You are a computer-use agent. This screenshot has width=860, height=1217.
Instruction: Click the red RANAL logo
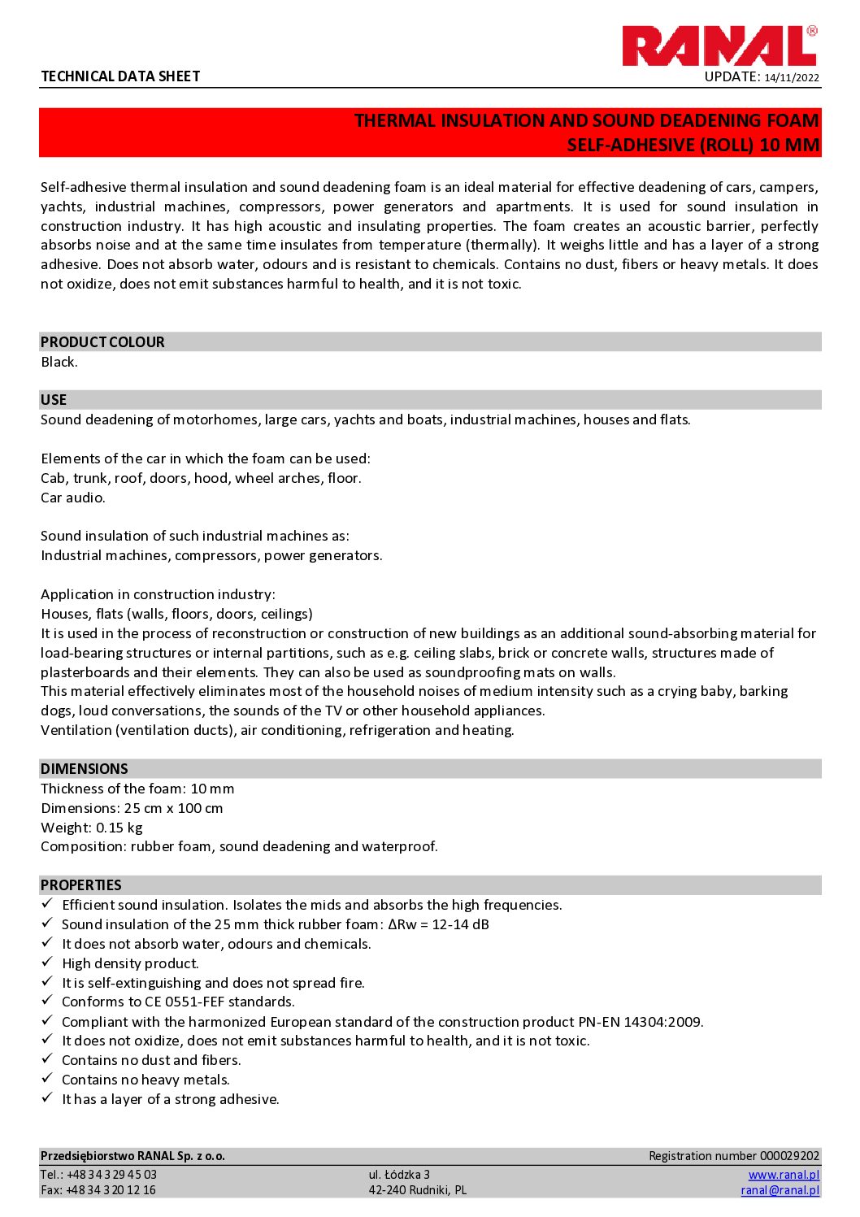click(719, 46)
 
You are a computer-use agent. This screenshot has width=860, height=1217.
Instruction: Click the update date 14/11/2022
click(792, 78)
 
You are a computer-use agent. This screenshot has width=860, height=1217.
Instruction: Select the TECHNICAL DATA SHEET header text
click(120, 76)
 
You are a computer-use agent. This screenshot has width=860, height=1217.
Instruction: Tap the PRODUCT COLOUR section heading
click(102, 342)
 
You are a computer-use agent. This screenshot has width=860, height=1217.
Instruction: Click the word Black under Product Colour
click(59, 362)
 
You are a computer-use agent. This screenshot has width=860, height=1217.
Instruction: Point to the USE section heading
click(54, 400)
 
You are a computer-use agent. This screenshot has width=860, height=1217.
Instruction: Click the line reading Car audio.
click(73, 498)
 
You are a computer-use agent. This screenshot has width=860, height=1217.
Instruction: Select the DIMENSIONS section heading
click(85, 769)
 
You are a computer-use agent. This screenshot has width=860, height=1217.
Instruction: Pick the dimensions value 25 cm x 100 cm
click(174, 808)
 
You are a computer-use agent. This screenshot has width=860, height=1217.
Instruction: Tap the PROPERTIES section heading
click(81, 885)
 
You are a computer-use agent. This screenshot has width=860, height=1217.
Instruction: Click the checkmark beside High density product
click(47, 963)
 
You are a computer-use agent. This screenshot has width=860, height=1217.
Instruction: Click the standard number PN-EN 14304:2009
click(640, 1022)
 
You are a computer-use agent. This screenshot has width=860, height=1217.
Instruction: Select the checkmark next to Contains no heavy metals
click(47, 1080)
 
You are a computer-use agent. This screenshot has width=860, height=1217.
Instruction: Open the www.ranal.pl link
click(784, 1175)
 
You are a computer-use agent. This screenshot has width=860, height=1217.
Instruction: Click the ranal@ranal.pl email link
click(780, 1190)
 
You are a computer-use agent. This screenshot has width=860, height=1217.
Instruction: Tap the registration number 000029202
click(789, 1156)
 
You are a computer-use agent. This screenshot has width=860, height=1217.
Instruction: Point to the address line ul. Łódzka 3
click(399, 1175)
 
